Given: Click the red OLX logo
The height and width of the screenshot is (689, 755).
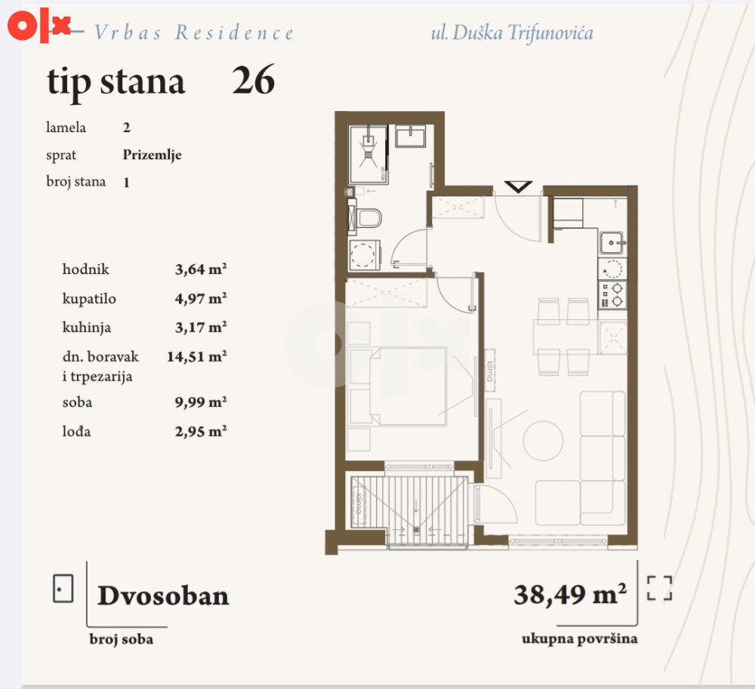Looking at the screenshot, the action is [x=39, y=25].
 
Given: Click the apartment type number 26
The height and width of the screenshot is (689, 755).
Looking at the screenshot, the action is [x=253, y=80].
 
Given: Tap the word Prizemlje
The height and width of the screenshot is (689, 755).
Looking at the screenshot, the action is [x=153, y=155].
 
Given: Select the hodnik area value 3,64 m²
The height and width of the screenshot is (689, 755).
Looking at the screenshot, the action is [x=201, y=269].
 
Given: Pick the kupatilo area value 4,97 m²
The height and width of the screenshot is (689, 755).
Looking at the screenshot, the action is [x=201, y=298].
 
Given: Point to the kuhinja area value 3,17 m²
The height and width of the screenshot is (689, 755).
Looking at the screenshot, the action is [x=201, y=328].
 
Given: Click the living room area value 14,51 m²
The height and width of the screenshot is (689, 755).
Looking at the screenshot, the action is [x=197, y=356].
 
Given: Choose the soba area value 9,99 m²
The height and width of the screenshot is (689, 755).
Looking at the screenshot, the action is [x=201, y=401].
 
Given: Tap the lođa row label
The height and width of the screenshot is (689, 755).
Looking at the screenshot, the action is [x=76, y=431].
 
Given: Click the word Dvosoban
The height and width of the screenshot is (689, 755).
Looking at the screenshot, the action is [x=163, y=595].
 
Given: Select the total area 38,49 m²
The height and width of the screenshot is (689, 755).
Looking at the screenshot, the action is [x=570, y=594].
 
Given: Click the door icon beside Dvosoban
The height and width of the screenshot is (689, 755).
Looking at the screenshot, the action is [x=63, y=589].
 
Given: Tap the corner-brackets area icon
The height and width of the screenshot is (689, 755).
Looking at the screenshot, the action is [x=659, y=588].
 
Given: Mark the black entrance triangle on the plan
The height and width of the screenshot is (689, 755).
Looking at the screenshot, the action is [x=518, y=186].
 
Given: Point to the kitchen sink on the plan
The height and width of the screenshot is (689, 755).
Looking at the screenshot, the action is [x=612, y=242].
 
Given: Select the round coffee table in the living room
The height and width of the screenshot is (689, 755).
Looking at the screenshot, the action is [x=543, y=441].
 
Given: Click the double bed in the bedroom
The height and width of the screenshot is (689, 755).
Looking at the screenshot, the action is [x=398, y=386].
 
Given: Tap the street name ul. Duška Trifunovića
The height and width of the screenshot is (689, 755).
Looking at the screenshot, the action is [x=512, y=32].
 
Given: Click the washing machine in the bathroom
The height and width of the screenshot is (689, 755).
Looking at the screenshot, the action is [x=364, y=254].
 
